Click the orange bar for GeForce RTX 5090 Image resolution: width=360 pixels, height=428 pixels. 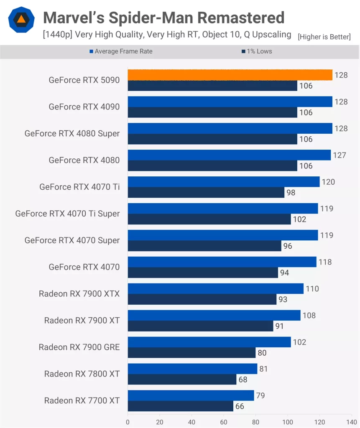tap(230, 75)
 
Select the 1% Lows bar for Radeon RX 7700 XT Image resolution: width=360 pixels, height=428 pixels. tap(180, 406)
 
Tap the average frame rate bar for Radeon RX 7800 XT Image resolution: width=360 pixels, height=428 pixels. tap(192, 369)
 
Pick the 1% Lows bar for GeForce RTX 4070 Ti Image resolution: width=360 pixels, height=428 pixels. tap(206, 192)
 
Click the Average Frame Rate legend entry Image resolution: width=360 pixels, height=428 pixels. tap(121, 51)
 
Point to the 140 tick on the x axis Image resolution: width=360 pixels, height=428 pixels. tap(352, 422)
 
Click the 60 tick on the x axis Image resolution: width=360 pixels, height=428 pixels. tap(224, 422)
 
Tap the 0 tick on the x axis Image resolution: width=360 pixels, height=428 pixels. tap(128, 422)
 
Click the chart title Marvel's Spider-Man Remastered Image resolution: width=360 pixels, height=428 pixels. tap(164, 18)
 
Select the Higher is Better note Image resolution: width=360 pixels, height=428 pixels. tap(324, 37)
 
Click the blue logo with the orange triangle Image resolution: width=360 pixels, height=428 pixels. tap(20, 20)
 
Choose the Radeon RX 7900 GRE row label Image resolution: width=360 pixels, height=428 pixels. tap(79, 347)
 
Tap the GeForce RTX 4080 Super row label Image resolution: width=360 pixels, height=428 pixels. tap(72, 134)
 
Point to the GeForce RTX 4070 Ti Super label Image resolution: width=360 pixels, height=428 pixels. tap(67, 214)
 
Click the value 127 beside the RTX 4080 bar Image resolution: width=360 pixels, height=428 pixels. tap(340, 155)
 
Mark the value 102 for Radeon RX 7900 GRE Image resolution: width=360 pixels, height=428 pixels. tap(299, 342)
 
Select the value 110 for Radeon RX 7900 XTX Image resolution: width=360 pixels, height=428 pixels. tap(312, 289)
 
